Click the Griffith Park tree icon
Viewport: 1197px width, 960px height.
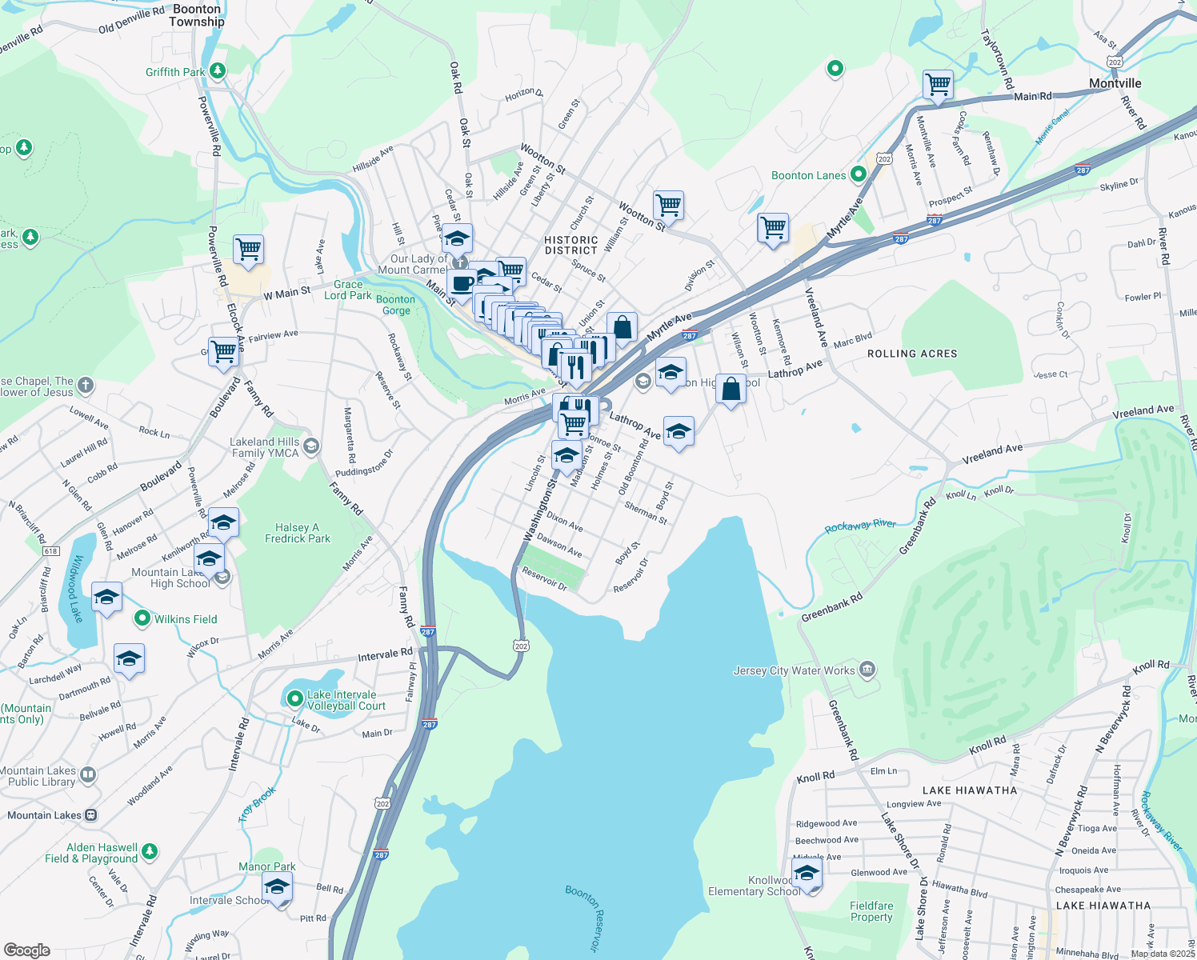tap(217, 72)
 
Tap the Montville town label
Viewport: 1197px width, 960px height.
tap(1115, 83)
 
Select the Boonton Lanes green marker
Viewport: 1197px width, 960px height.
tap(859, 174)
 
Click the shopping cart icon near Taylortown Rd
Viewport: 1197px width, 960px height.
tap(937, 84)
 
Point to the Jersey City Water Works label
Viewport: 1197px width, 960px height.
tap(794, 670)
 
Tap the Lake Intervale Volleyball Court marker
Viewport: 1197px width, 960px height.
tap(294, 699)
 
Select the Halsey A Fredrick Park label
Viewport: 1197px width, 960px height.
tap(297, 534)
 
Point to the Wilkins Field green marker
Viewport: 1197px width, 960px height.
tap(142, 618)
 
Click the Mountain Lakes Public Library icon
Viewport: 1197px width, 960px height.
tap(88, 774)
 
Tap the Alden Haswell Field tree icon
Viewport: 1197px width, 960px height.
tap(150, 852)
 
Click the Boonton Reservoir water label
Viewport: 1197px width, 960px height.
tap(582, 918)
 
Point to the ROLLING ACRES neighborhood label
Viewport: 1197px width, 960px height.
tap(911, 354)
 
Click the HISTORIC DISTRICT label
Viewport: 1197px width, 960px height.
tap(570, 245)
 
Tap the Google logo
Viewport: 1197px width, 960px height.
tap(27, 950)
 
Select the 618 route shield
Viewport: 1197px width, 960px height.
tap(51, 551)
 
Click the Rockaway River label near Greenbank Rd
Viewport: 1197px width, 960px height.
tap(860, 526)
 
